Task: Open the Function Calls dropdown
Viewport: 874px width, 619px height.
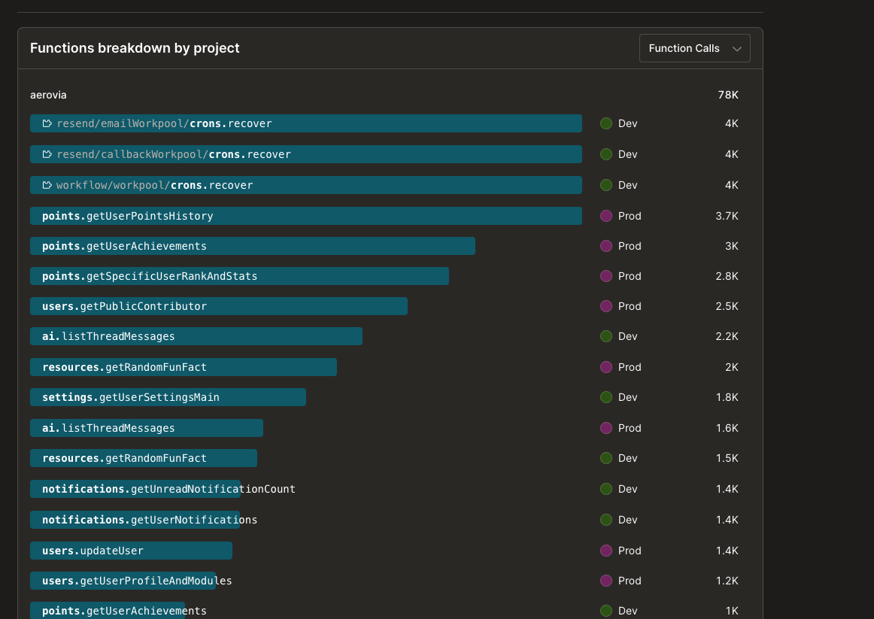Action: (x=694, y=48)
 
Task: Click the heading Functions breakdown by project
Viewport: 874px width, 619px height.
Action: (x=135, y=48)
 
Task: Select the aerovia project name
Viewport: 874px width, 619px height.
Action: (x=48, y=95)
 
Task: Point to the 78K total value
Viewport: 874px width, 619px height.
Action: (x=727, y=95)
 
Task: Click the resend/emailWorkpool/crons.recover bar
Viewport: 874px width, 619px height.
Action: (x=305, y=123)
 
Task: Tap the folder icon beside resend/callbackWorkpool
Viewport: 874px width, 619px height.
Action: (x=47, y=154)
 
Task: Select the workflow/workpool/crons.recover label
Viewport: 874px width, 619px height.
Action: (x=154, y=185)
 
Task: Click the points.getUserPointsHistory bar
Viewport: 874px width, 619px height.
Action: (x=305, y=216)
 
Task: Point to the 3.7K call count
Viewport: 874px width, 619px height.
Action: (x=727, y=216)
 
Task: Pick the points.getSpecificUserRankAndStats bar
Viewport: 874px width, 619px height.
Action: (x=239, y=276)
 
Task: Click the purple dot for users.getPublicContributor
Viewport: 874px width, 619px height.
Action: (x=605, y=306)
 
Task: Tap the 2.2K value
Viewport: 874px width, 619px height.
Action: (x=727, y=336)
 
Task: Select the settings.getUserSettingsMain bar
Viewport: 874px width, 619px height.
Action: (x=168, y=397)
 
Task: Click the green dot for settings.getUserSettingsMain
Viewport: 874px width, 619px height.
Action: (x=605, y=397)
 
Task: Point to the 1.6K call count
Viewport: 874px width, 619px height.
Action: (x=727, y=428)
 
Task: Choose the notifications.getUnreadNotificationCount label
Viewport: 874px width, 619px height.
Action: (x=168, y=489)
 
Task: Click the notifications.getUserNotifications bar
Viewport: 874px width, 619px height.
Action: (x=135, y=520)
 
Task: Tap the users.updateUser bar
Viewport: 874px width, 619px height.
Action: (x=131, y=551)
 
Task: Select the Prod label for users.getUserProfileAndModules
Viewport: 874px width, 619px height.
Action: (x=630, y=581)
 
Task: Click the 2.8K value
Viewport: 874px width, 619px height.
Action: (x=727, y=276)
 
